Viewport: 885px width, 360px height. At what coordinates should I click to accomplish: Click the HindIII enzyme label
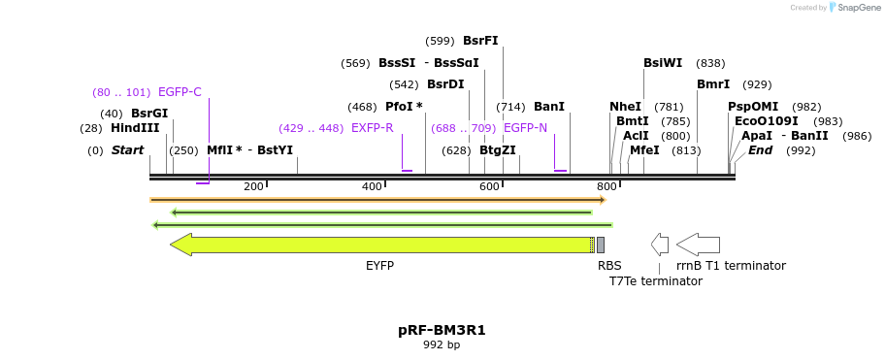[x=135, y=128]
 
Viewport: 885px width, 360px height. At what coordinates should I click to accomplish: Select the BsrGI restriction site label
[x=149, y=114]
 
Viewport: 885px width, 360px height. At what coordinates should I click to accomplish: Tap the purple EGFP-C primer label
[x=180, y=92]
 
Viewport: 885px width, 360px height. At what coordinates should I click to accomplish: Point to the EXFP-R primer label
[x=372, y=128]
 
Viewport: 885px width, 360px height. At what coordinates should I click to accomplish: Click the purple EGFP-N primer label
[x=525, y=128]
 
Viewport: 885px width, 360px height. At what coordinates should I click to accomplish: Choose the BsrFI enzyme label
[x=480, y=41]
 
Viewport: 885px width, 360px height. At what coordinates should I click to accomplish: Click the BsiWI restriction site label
[x=662, y=63]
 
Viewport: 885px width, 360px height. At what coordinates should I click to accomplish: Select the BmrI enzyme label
[x=713, y=84]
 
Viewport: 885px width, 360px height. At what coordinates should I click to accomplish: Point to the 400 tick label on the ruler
[x=372, y=186]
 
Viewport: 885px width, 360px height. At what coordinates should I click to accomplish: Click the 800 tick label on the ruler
[x=606, y=186]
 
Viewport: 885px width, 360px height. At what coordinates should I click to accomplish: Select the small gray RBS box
[x=601, y=245]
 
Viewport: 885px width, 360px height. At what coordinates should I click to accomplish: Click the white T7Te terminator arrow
[x=660, y=245]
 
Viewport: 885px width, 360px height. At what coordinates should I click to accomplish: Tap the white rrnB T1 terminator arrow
[x=698, y=245]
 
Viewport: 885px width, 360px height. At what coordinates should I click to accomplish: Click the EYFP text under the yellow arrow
[x=379, y=265]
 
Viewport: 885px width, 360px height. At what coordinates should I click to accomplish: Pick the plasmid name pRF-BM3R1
[x=442, y=330]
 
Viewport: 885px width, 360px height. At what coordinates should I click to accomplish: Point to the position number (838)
[x=710, y=63]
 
